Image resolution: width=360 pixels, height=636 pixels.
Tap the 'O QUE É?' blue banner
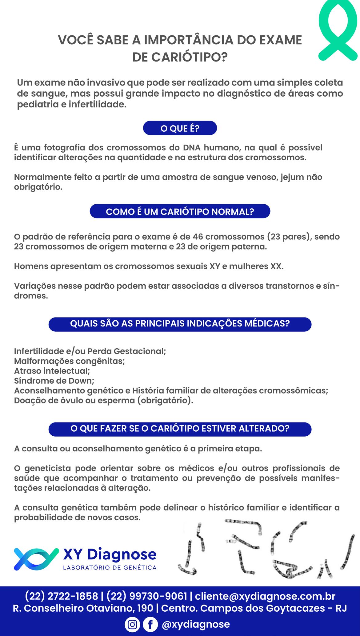click(x=180, y=128)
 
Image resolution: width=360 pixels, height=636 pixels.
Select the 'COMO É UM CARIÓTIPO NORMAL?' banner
click(x=180, y=211)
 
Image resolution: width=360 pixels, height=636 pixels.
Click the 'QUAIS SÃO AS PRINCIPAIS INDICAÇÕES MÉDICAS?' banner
click(x=180, y=324)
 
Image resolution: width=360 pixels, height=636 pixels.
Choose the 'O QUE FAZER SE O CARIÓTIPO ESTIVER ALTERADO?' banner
click(x=180, y=429)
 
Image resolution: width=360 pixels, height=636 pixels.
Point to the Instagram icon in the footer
click(x=133, y=624)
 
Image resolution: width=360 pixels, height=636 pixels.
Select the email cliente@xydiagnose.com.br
click(x=265, y=596)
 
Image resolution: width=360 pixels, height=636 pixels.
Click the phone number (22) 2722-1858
click(x=61, y=596)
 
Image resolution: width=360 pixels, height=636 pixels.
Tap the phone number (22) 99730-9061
click(x=147, y=596)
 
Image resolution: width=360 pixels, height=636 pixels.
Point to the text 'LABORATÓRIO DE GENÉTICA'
click(x=110, y=568)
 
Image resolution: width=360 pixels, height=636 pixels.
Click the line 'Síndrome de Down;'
click(x=54, y=381)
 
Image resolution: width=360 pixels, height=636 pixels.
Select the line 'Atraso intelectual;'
click(x=52, y=371)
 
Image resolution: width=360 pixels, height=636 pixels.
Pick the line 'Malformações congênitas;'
click(x=70, y=361)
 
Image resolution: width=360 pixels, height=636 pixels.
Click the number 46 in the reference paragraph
click(x=198, y=237)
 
